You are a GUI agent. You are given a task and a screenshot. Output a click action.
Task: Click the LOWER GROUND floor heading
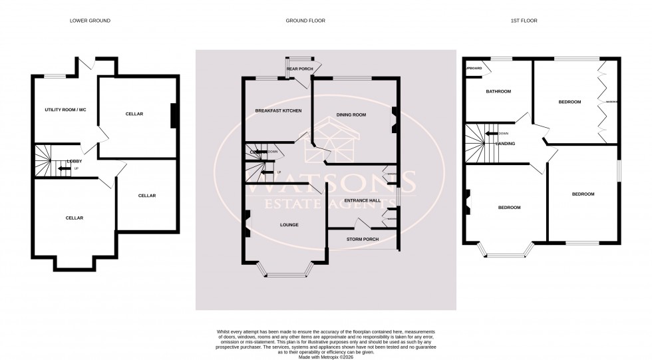[90, 21]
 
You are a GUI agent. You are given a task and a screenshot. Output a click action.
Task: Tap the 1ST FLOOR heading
[524, 21]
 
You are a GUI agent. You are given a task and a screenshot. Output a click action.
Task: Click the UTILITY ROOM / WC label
[65, 109]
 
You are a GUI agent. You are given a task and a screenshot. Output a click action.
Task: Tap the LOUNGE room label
[289, 225]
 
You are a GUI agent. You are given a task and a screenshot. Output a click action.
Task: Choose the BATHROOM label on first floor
[498, 91]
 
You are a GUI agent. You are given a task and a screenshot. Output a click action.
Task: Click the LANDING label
[514, 143]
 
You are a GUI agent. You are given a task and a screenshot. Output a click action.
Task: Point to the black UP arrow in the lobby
[65, 168]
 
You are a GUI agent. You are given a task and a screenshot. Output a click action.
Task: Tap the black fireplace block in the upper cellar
[174, 116]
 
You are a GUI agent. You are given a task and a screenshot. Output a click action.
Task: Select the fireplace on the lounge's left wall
[247, 223]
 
